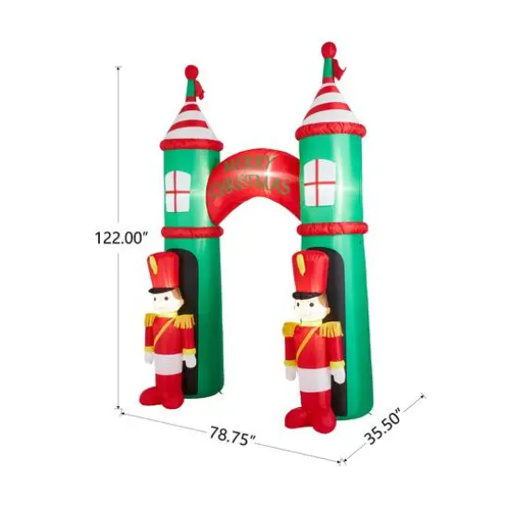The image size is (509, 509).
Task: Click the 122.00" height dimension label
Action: point(121,237)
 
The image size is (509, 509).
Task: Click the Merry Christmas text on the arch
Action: point(251,177)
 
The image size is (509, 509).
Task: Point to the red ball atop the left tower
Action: point(192,70)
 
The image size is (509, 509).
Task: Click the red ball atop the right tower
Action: point(329,48)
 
